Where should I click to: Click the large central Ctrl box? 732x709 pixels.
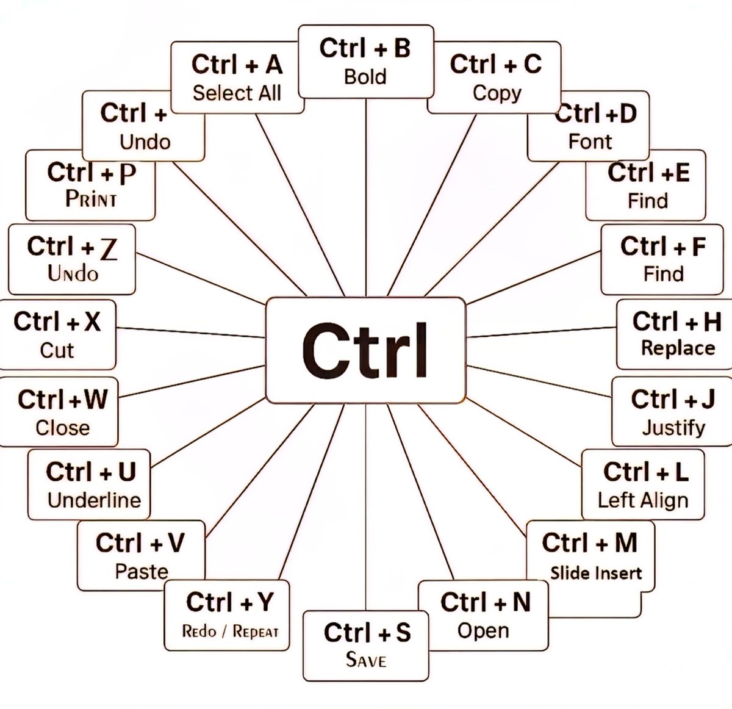click(x=365, y=350)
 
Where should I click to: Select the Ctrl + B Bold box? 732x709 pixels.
click(x=365, y=62)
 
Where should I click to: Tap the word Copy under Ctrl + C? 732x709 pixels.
click(x=497, y=93)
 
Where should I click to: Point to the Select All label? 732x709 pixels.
click(x=237, y=93)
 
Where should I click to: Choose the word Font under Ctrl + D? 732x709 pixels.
click(x=590, y=142)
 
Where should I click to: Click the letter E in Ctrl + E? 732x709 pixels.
click(x=682, y=173)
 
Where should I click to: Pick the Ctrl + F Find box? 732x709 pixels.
click(x=662, y=259)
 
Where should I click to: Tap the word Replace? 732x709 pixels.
click(x=678, y=348)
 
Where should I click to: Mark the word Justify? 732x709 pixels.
click(x=673, y=427)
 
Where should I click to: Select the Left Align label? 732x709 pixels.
click(x=643, y=500)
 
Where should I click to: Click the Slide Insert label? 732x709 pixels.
click(x=596, y=573)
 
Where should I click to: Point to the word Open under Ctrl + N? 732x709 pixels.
click(x=483, y=631)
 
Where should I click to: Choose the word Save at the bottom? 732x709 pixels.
click(x=366, y=660)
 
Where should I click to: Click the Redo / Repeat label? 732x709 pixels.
click(x=230, y=632)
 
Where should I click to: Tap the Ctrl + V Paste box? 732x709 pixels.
click(x=141, y=555)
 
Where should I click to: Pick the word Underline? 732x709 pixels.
click(x=95, y=500)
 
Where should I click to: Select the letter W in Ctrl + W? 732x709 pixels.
click(x=95, y=400)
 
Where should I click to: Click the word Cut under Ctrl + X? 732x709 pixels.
click(x=57, y=350)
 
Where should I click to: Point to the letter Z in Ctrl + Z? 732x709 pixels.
click(x=108, y=248)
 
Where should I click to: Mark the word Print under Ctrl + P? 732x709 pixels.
click(x=91, y=200)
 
